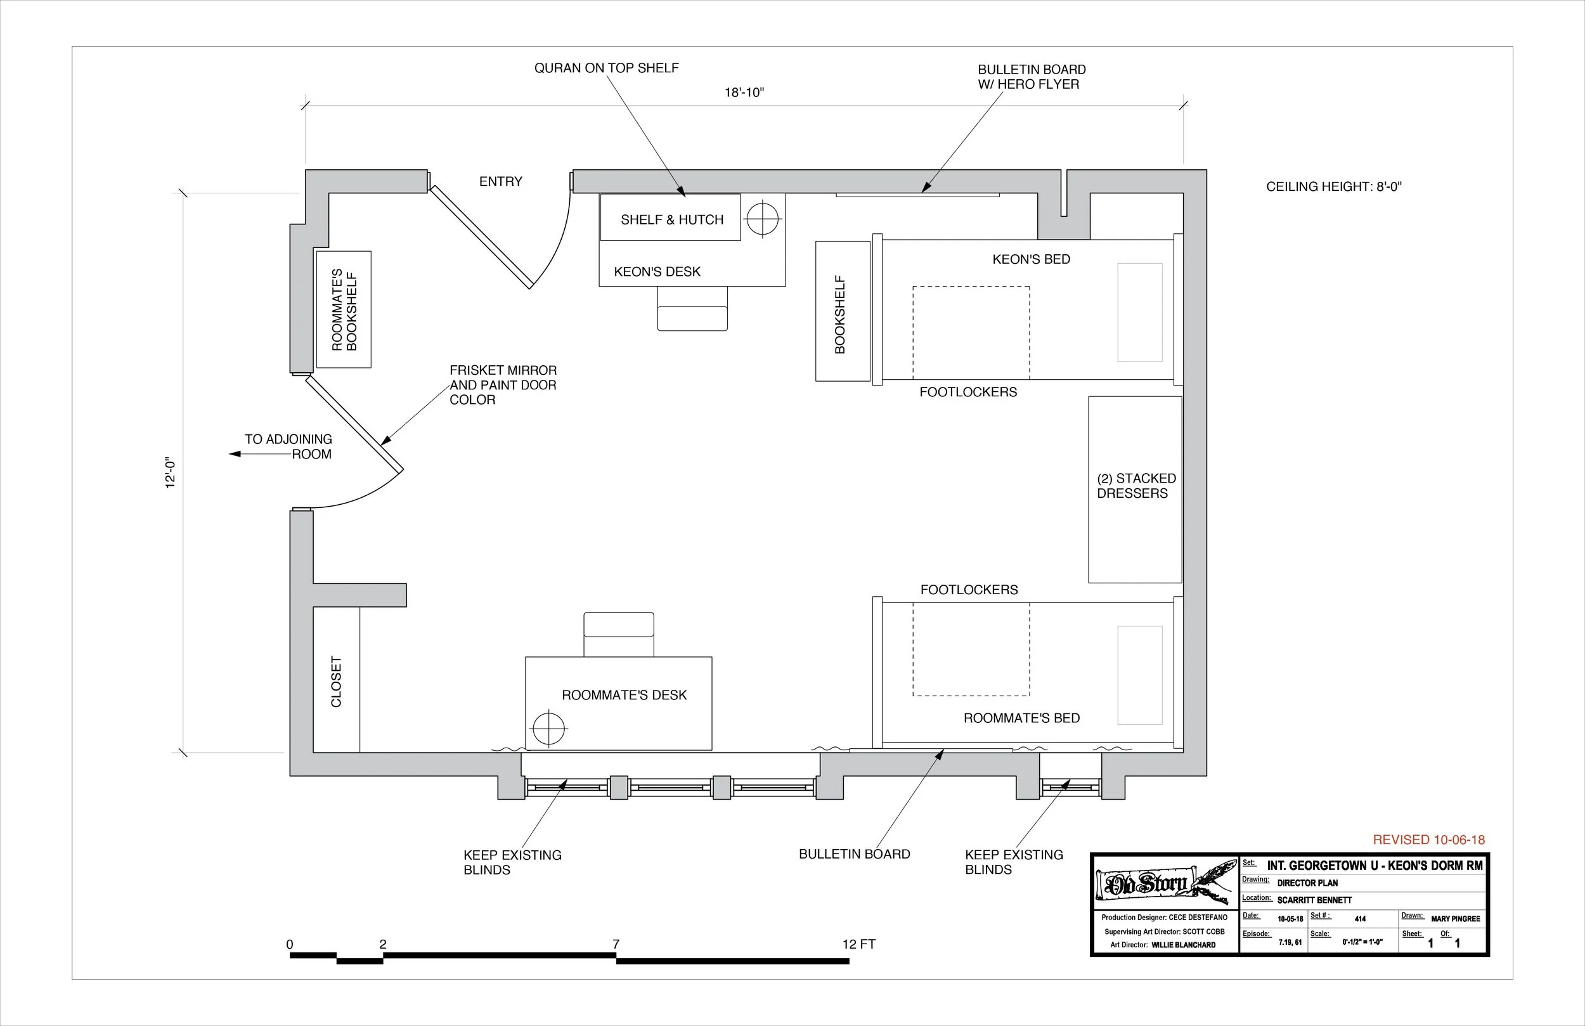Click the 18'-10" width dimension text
pyautogui.click(x=744, y=93)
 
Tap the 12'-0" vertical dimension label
pyautogui.click(x=171, y=474)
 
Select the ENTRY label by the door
pyautogui.click(x=500, y=181)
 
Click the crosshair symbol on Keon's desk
pyautogui.click(x=763, y=219)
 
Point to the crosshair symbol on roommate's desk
pyautogui.click(x=549, y=728)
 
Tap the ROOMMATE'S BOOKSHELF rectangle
pyautogui.click(x=344, y=310)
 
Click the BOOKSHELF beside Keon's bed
pyautogui.click(x=843, y=312)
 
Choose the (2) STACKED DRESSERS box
pyautogui.click(x=1135, y=490)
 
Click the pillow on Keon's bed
pyautogui.click(x=1139, y=313)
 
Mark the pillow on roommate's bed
pyautogui.click(x=1139, y=675)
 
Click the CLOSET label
pyautogui.click(x=336, y=682)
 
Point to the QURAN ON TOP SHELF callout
pyautogui.click(x=606, y=68)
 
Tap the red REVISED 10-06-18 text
pyautogui.click(x=1428, y=840)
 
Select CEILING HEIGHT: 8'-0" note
pyautogui.click(x=1333, y=186)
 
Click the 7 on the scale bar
pyautogui.click(x=616, y=944)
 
